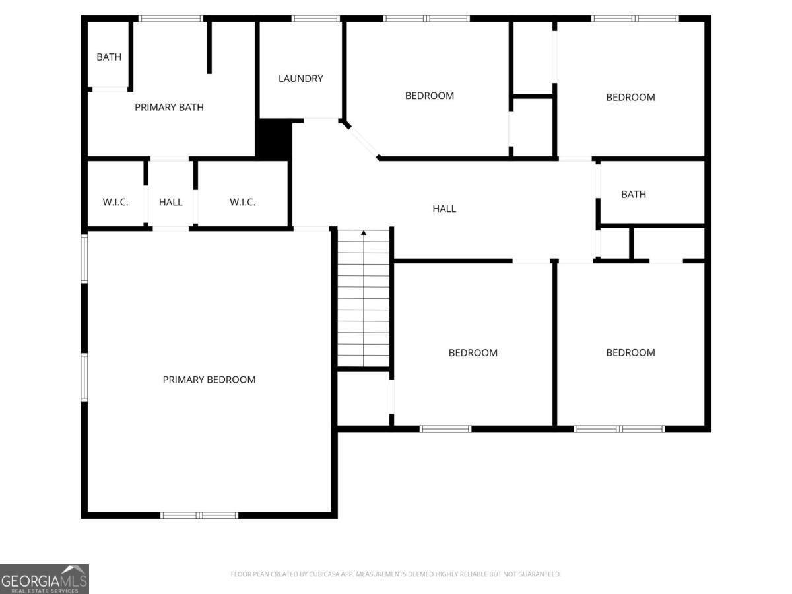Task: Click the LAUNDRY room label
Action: (300, 79)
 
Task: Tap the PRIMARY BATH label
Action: (169, 107)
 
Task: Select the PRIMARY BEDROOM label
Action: (209, 379)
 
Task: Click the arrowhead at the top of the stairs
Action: (364, 233)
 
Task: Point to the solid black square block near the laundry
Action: (274, 139)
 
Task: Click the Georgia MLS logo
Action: (44, 579)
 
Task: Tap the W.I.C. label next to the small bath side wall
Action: (115, 202)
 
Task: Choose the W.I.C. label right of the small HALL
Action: (242, 202)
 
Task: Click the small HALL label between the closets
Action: (171, 202)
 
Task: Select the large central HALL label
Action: (444, 209)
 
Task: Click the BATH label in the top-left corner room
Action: (109, 57)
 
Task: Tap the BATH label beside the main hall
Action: (634, 195)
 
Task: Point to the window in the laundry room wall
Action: (315, 18)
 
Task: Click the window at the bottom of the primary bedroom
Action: (199, 515)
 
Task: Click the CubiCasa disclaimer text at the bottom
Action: (396, 574)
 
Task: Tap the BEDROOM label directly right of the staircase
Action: (473, 352)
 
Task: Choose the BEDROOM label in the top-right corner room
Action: (630, 98)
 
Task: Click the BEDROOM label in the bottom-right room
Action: (630, 352)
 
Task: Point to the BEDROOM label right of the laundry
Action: (430, 96)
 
